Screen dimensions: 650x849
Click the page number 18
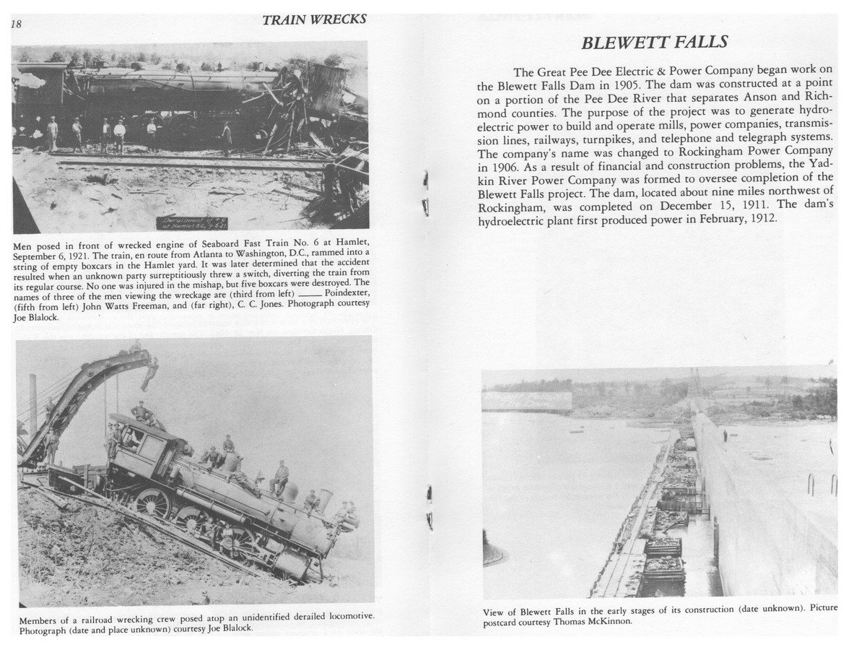16,25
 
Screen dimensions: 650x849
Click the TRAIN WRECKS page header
314,20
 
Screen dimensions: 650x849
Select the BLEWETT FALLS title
654,43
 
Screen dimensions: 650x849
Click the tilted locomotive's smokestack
326,499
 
